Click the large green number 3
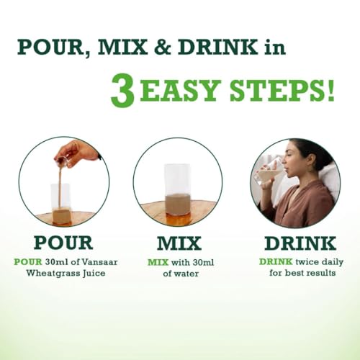[122, 91]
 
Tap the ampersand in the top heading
[163, 47]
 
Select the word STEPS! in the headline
[282, 90]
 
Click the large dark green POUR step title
[63, 243]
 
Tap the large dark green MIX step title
[179, 243]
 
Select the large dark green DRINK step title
[300, 243]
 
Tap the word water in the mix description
[187, 274]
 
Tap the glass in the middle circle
[178, 189]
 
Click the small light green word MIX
[158, 262]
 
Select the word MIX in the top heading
[122, 47]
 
